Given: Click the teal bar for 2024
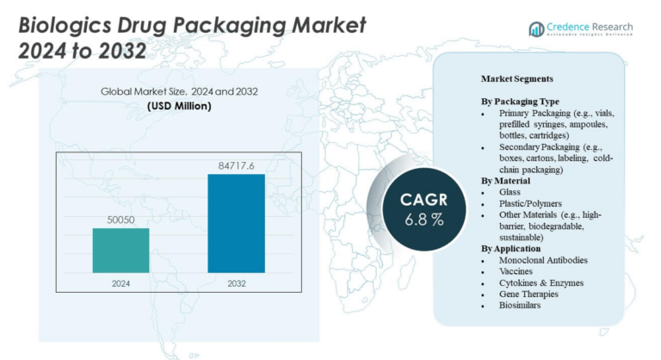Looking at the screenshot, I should click(x=120, y=251).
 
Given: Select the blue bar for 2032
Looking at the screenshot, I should click(x=236, y=223).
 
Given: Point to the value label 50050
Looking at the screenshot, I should click(x=120, y=220).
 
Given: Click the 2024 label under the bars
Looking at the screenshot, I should click(x=120, y=282).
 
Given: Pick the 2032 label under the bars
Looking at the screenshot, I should click(x=236, y=282).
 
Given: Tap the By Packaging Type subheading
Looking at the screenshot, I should click(x=522, y=102).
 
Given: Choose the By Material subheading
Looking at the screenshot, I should click(x=505, y=181).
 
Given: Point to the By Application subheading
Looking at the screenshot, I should click(x=511, y=248).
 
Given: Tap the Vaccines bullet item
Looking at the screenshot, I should click(x=516, y=270).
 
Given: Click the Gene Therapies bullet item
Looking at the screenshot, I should click(x=528, y=293).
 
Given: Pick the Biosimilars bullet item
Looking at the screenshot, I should click(x=520, y=304).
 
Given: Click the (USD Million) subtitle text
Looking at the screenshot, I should click(x=179, y=106).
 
